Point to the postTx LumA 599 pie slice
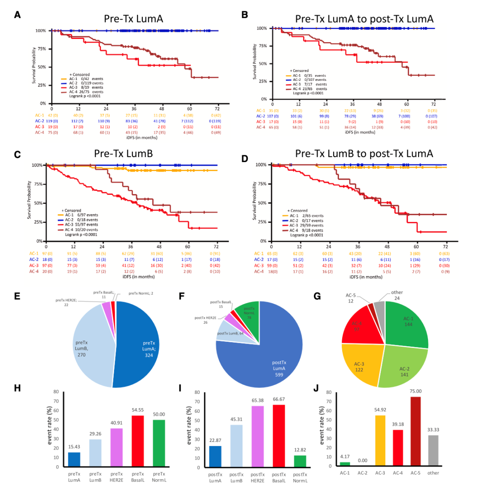pyautogui.click(x=287, y=355)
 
